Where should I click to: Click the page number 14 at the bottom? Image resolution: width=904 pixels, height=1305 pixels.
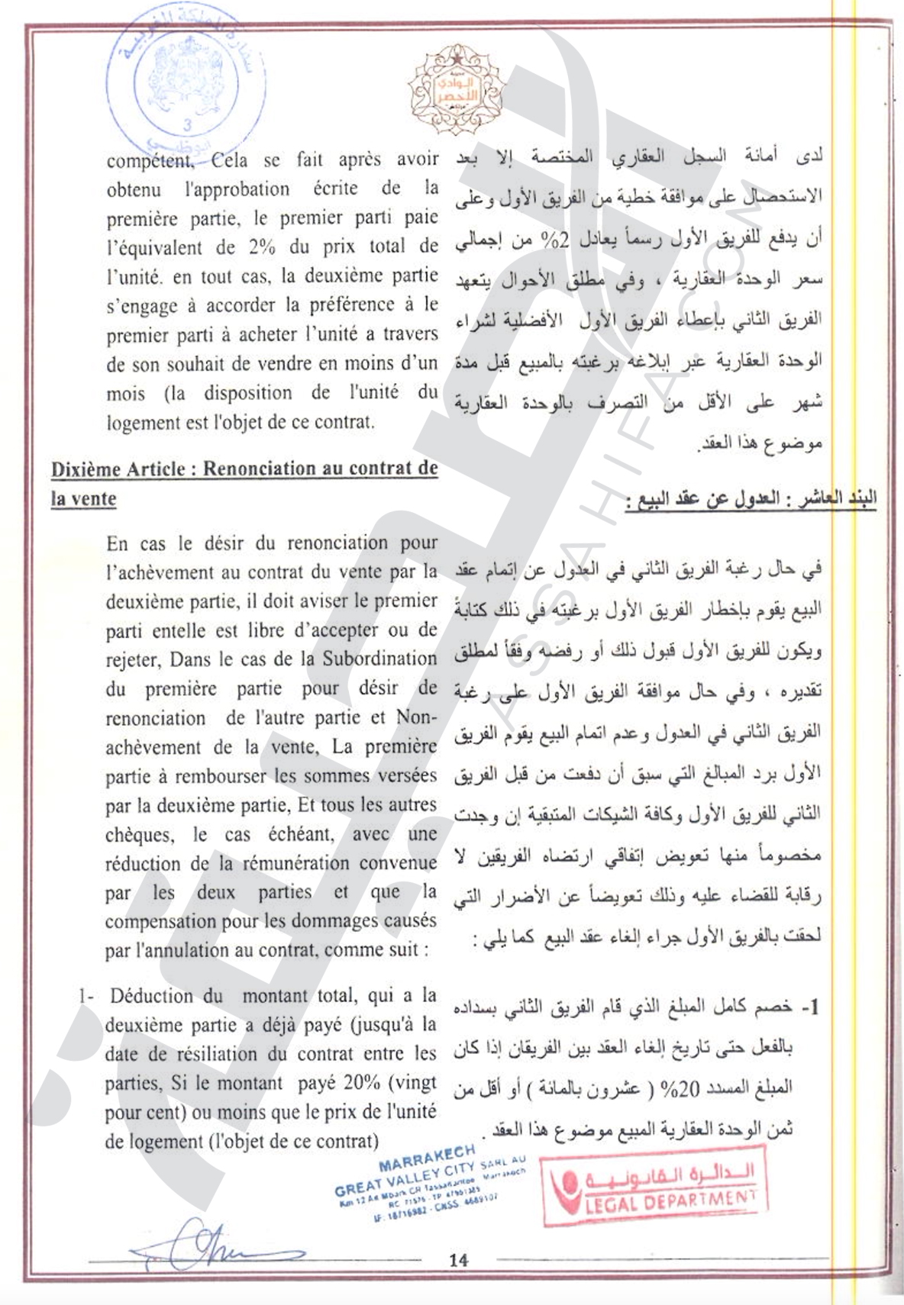[458, 1259]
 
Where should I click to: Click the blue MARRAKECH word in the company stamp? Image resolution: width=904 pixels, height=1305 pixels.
[426, 1159]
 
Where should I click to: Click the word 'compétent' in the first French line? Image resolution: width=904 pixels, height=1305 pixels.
[150, 160]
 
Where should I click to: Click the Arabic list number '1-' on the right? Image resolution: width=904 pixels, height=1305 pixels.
[810, 1007]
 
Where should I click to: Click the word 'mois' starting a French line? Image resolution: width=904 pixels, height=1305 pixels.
[125, 394]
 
